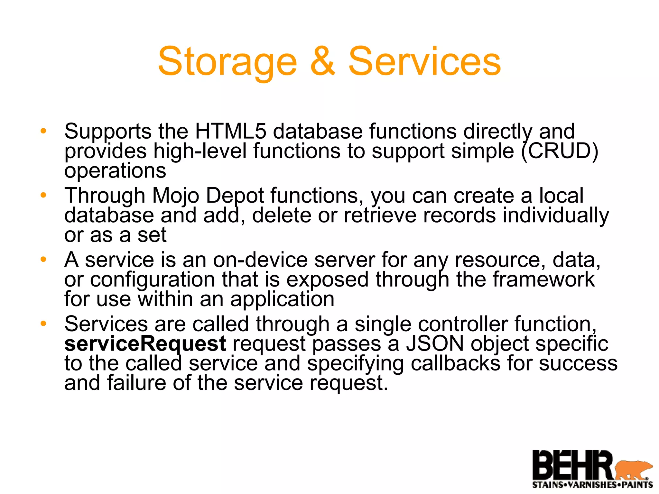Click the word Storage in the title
(227, 62)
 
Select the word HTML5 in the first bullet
(230, 131)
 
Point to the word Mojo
(175, 196)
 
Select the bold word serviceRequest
(145, 343)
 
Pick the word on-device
(260, 260)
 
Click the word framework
(544, 279)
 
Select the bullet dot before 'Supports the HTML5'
(43, 131)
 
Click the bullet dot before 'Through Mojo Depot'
(43, 195)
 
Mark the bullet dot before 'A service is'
(43, 259)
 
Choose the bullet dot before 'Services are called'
(43, 324)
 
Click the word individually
(556, 215)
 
